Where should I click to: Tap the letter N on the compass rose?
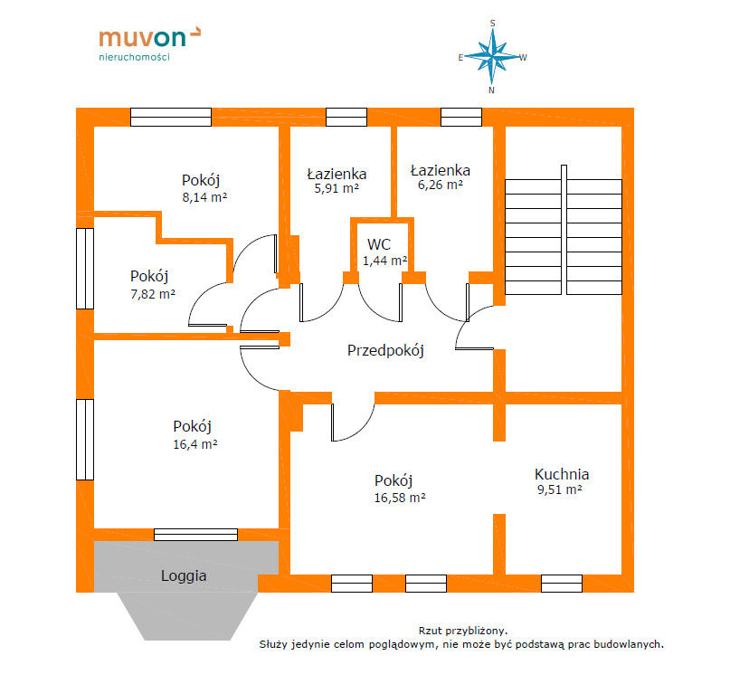point(491,90)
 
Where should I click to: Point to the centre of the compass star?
point(493,57)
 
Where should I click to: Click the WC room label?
point(379,244)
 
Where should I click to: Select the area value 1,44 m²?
point(385,261)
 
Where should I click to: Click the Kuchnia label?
point(562,474)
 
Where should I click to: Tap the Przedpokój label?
point(385,350)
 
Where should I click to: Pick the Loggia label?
point(184,576)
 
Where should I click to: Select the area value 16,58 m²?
point(400,498)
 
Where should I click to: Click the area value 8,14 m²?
point(204,197)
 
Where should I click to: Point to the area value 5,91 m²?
point(337,188)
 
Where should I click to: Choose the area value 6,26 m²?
point(440,185)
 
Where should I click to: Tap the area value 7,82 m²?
point(153,294)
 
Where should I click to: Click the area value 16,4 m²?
point(195,444)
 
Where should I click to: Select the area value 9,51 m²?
point(560,489)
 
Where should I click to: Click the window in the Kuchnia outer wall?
point(562,584)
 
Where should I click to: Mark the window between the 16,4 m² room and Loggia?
point(195,535)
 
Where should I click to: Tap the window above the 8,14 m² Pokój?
point(171,117)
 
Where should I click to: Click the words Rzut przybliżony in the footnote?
point(463,631)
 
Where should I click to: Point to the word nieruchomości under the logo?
point(134,57)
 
